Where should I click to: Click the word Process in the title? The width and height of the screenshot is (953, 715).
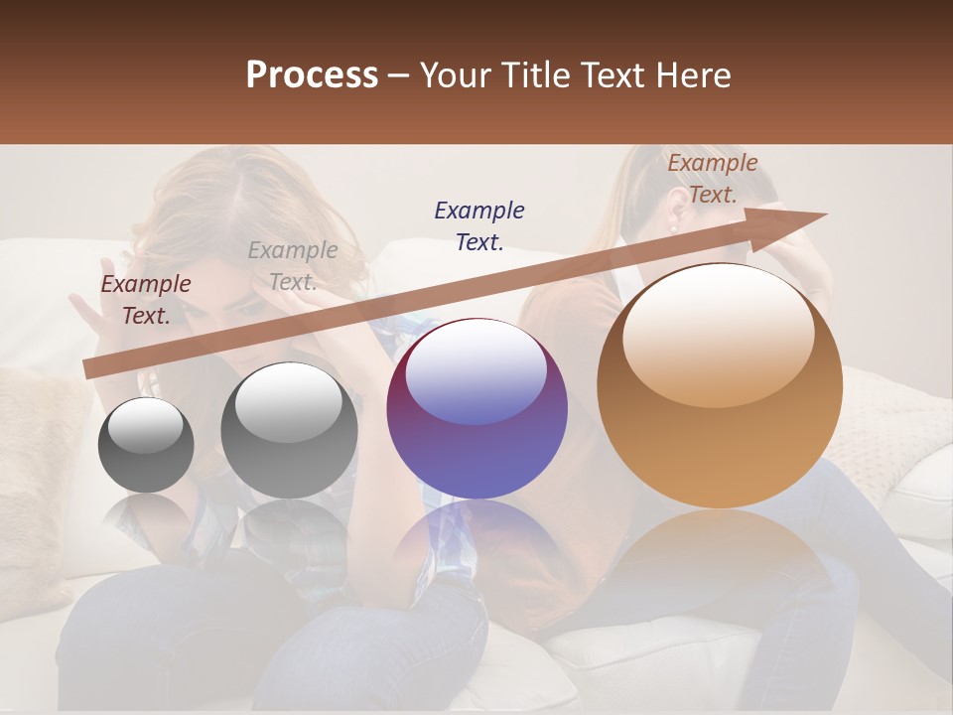[312, 75]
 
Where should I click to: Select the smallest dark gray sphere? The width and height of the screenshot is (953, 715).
[146, 445]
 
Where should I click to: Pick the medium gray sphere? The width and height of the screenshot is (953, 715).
[289, 431]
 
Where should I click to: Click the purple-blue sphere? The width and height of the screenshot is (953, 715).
[476, 409]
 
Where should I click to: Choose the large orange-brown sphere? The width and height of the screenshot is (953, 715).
[720, 385]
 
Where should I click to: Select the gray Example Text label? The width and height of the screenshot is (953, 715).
[293, 266]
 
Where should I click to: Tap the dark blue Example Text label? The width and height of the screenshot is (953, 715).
[479, 225]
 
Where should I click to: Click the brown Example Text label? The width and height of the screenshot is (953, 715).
[713, 179]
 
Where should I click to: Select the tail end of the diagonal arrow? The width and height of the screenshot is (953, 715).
[91, 368]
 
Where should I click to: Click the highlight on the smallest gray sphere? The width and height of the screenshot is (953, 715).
[145, 425]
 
